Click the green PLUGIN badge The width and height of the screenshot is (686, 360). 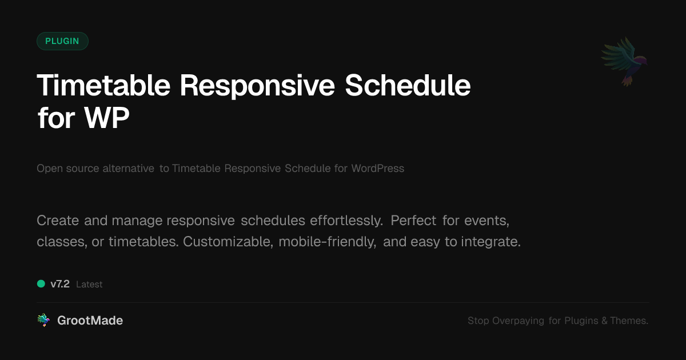coord(62,41)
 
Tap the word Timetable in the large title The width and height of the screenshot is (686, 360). coord(103,86)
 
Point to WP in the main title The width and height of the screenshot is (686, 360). coord(107,118)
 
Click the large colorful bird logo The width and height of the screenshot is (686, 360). coord(624,61)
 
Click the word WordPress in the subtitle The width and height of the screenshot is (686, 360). coord(377,169)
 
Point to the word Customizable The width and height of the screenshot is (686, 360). coord(228,242)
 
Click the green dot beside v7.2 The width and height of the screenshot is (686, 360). coord(41,283)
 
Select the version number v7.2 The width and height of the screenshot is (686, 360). coord(60,284)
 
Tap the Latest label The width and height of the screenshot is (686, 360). coord(89,285)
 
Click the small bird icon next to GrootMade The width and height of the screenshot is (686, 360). coord(43,321)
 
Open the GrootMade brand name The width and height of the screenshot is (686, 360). coord(90,321)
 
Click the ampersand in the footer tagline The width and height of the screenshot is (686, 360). coord(604,321)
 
